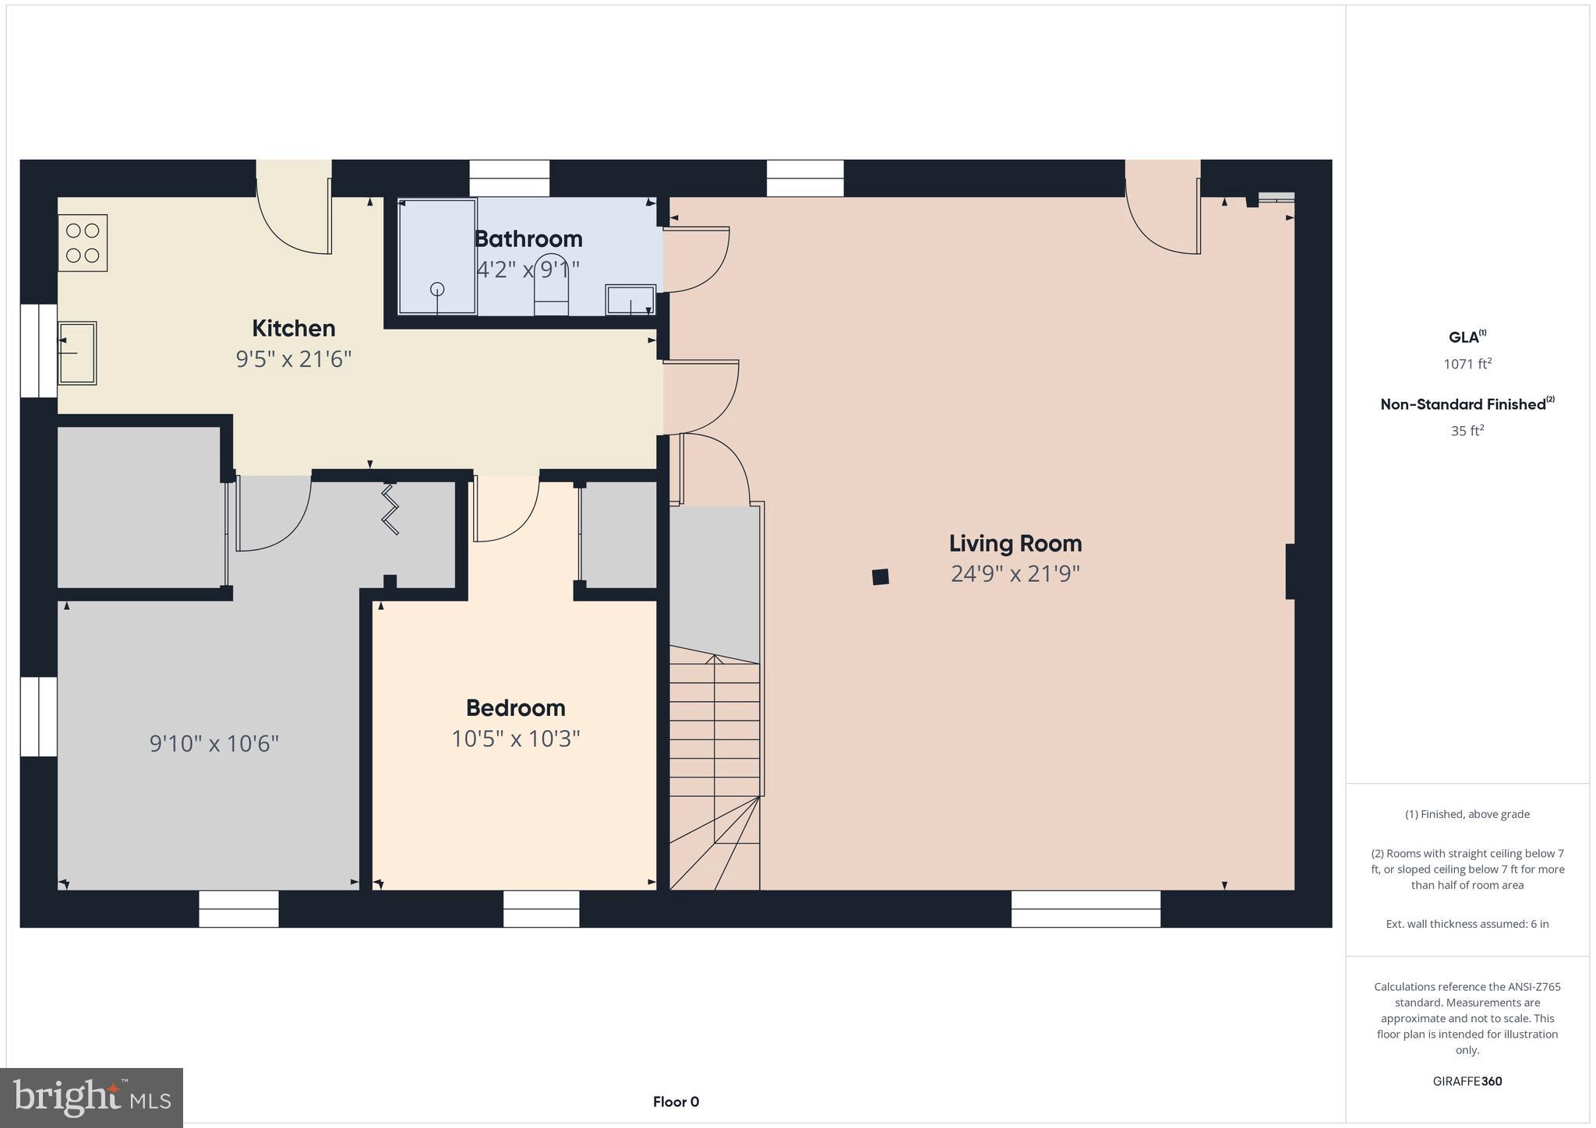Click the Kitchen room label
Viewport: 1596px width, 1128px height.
coord(293,328)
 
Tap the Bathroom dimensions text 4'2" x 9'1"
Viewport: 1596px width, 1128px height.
coord(528,270)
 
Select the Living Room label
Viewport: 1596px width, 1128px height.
coord(1015,543)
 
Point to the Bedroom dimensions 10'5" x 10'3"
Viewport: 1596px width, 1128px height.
coord(515,738)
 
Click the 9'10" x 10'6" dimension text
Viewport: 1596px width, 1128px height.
coord(214,743)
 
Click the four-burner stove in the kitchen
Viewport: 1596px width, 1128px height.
coord(83,243)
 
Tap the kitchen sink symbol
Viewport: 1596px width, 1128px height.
coord(77,353)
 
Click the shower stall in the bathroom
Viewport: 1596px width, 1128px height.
coord(437,257)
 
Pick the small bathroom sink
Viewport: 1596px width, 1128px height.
coord(630,300)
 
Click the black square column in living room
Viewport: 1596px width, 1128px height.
coord(881,576)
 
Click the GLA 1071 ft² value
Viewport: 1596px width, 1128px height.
coord(1467,364)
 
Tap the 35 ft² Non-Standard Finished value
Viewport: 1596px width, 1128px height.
coord(1467,431)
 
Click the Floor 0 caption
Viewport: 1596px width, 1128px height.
coord(676,1102)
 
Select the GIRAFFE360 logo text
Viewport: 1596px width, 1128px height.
coord(1467,1081)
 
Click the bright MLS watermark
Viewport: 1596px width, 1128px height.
coord(91,1098)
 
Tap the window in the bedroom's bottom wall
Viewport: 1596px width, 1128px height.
coord(541,908)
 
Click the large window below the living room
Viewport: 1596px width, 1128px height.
coord(1086,908)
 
